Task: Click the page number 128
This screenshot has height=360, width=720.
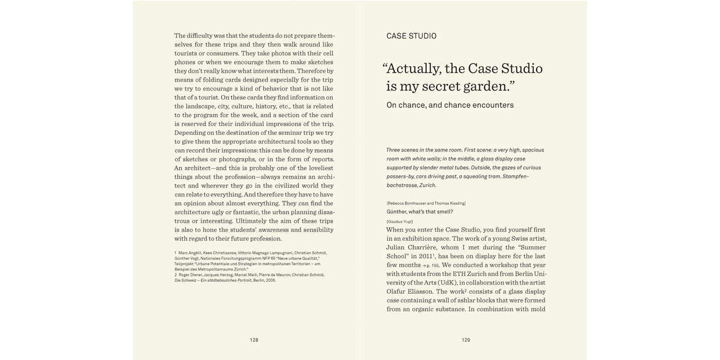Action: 254,340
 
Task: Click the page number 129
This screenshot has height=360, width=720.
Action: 466,340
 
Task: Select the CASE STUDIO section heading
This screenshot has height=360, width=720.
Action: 411,36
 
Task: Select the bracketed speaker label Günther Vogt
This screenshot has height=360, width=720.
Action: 399,222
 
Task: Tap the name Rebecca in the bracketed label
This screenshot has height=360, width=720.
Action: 398,203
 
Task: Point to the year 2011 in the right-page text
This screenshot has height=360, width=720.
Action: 426,256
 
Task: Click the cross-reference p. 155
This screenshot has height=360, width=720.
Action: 431,265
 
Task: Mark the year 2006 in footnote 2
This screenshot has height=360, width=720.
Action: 271,280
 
